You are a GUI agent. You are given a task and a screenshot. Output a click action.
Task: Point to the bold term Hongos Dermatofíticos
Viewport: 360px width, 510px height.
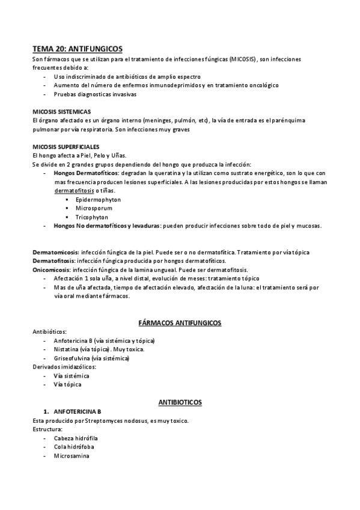tap(84, 173)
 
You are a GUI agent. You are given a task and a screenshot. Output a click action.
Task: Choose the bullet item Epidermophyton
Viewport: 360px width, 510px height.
tap(98, 199)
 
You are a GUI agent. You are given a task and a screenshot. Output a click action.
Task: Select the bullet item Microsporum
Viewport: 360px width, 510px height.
tap(94, 208)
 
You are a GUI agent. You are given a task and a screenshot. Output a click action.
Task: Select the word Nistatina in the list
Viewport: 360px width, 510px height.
tap(70, 349)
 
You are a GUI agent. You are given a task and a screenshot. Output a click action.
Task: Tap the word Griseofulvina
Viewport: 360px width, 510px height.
tap(75, 358)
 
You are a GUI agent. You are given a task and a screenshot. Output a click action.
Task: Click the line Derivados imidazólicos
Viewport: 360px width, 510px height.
tap(63, 367)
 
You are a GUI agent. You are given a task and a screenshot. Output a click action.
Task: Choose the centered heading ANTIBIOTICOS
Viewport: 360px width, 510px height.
tap(180, 401)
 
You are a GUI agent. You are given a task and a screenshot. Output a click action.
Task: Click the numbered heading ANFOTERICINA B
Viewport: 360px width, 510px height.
tap(77, 411)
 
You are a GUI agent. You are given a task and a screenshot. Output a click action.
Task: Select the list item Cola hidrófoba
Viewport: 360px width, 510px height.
tap(73, 447)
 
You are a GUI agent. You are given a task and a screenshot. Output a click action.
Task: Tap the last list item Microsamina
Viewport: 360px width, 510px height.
tap(72, 456)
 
